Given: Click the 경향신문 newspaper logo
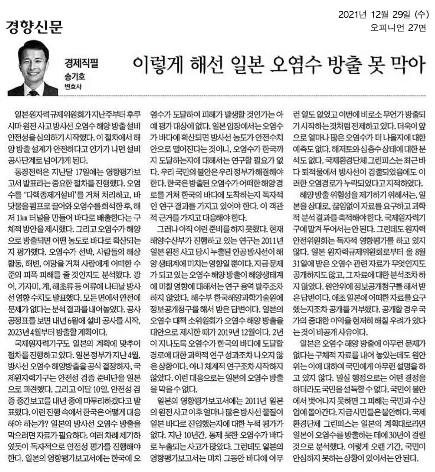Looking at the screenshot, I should point(34,26).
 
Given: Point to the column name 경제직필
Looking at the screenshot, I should point(81,63).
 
